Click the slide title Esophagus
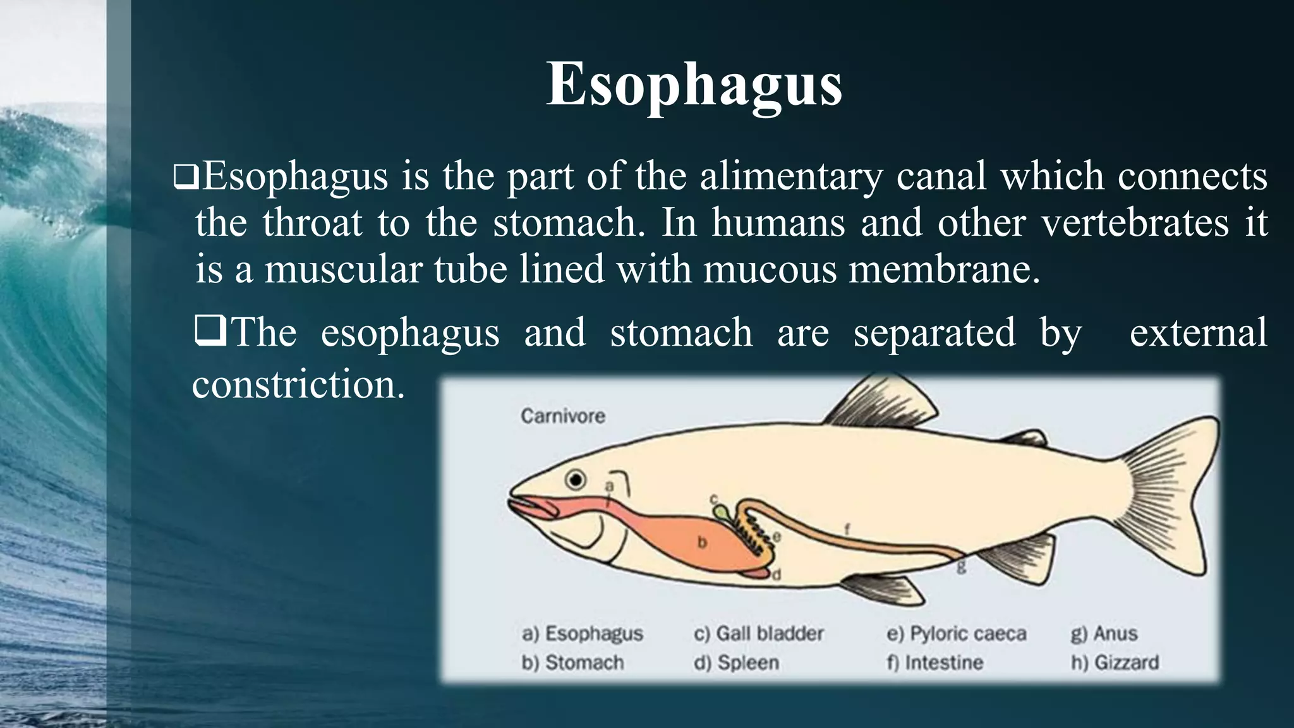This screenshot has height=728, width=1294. (694, 85)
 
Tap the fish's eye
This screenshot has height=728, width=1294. (576, 480)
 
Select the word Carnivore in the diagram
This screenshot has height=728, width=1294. (562, 416)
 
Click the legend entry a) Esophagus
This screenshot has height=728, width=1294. (582, 633)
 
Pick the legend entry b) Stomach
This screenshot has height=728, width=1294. (572, 662)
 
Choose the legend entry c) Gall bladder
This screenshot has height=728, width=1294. (758, 633)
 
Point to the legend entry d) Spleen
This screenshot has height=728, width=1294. (736, 662)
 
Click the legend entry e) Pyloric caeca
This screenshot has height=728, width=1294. (956, 633)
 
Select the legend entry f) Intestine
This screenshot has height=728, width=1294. (935, 662)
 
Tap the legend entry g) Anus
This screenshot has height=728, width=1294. (1104, 633)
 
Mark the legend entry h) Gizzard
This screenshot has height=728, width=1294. (1115, 662)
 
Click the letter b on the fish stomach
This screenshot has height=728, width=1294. (701, 542)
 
